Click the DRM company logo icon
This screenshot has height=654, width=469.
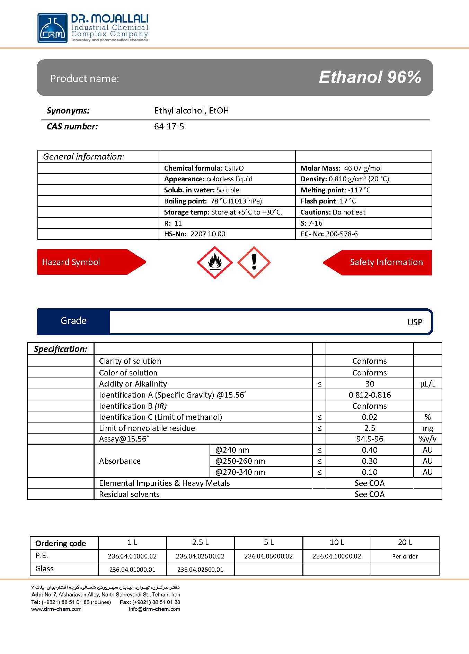pyautogui.click(x=52, y=28)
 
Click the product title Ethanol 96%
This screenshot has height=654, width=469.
pyautogui.click(x=370, y=77)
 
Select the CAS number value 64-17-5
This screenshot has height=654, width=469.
pyautogui.click(x=169, y=127)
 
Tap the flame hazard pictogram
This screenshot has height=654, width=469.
pyautogui.click(x=215, y=263)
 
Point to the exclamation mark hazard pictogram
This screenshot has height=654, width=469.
pyautogui.click(x=254, y=263)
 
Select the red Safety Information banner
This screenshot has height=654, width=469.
pyautogui.click(x=378, y=262)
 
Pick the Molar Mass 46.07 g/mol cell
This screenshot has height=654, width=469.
pyautogui.click(x=341, y=168)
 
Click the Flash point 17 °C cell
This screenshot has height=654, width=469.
pyautogui.click(x=328, y=201)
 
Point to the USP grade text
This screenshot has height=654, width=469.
pyautogui.click(x=415, y=322)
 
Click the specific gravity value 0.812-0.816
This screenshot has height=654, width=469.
pyautogui.click(x=370, y=395)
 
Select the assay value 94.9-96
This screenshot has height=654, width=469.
pyautogui.click(x=370, y=439)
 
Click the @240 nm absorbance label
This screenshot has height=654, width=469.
pyautogui.click(x=232, y=450)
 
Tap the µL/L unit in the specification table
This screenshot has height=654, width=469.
pyautogui.click(x=427, y=384)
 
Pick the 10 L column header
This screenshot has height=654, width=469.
pyautogui.click(x=337, y=542)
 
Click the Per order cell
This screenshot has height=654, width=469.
pyautogui.click(x=405, y=556)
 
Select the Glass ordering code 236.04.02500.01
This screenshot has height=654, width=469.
pyautogui.click(x=200, y=569)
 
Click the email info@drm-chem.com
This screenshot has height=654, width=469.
pyautogui.click(x=154, y=609)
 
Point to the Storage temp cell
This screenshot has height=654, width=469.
pyautogui.click(x=223, y=212)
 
